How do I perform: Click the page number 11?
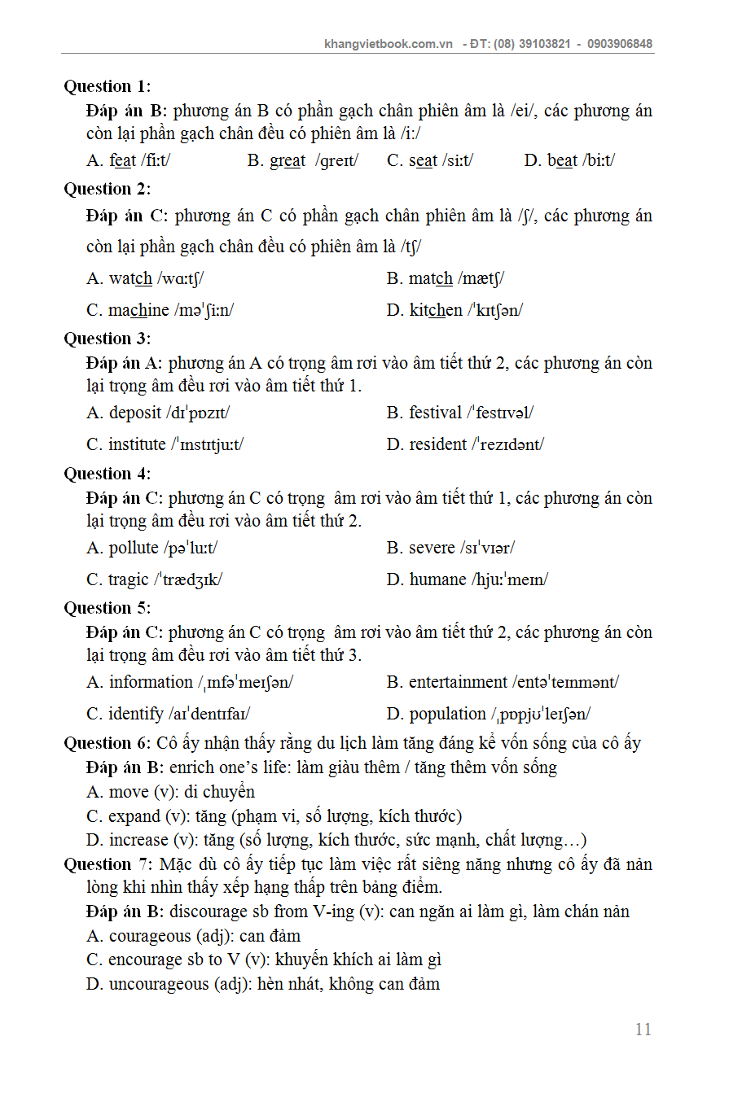click(643, 1030)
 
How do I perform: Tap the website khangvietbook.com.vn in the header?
click(388, 44)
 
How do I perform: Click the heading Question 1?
click(107, 86)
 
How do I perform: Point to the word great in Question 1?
click(288, 160)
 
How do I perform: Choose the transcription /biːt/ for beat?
click(599, 160)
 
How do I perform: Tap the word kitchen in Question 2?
click(436, 310)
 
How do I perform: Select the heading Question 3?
click(107, 339)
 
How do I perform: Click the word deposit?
click(135, 413)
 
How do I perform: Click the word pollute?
click(134, 548)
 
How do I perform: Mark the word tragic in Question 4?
click(129, 579)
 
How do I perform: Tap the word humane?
click(437, 579)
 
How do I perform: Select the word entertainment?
click(458, 682)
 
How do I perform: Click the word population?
click(447, 714)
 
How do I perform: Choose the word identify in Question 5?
click(136, 714)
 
